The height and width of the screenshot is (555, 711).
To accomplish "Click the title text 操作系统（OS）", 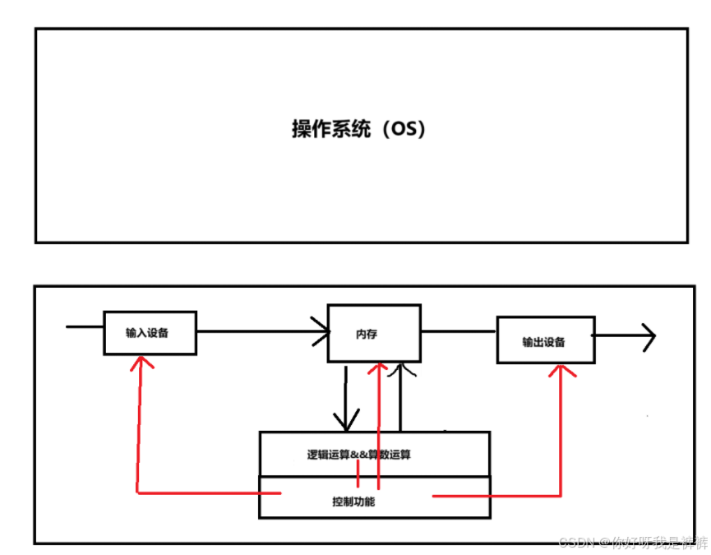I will (359, 130).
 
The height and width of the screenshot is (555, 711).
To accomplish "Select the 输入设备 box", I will (150, 333).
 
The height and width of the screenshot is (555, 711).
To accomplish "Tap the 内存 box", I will (374, 333).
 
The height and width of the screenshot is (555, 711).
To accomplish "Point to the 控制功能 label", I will (358, 501).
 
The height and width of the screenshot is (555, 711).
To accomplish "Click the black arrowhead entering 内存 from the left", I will (321, 331).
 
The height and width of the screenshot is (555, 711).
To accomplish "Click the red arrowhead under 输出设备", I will (561, 372).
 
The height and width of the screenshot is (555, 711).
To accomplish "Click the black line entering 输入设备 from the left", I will (85, 327).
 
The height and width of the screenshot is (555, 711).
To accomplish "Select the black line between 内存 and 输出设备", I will (459, 332).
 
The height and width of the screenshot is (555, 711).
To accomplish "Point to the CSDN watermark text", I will (633, 542).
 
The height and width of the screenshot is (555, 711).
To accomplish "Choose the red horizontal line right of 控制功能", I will (493, 496).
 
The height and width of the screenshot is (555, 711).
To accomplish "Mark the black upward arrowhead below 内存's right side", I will (401, 370).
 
